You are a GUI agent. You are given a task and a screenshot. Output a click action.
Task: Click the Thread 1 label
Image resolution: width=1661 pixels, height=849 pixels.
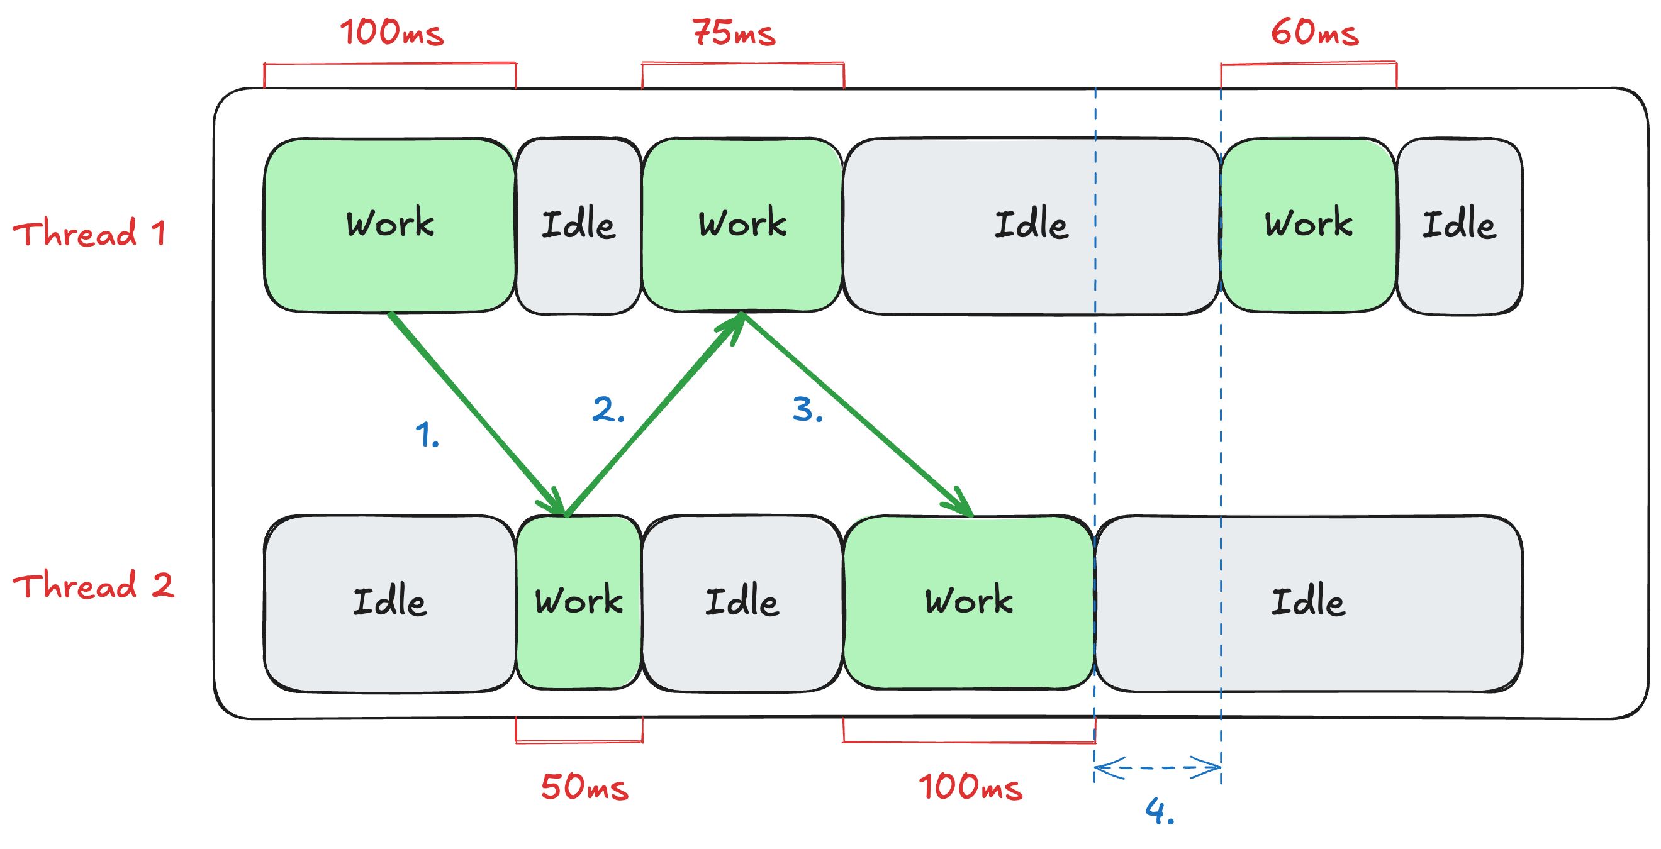click(x=89, y=233)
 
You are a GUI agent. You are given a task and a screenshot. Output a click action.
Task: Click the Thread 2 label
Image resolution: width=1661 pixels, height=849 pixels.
click(x=94, y=585)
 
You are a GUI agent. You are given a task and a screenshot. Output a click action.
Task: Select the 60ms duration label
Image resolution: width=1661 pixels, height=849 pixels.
click(x=1314, y=32)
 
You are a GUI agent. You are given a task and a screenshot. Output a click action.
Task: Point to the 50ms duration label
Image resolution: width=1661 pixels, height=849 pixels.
click(x=584, y=787)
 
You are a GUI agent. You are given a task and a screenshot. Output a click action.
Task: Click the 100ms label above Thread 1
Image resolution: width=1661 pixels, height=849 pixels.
click(x=391, y=32)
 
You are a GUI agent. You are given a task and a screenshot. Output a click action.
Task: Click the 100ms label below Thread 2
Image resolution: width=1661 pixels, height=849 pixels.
click(x=970, y=787)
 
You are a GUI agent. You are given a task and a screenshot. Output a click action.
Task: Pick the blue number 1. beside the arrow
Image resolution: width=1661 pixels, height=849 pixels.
click(x=427, y=435)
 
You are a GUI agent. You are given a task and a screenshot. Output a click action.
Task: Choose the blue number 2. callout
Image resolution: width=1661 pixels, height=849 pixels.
click(x=608, y=409)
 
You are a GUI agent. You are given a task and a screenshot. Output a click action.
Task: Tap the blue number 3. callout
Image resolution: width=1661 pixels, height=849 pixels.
click(x=807, y=409)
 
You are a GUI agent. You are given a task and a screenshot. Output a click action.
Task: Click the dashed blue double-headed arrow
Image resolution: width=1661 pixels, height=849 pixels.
click(x=1158, y=767)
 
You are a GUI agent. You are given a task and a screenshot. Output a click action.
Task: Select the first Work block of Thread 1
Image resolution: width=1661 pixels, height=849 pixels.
click(x=389, y=225)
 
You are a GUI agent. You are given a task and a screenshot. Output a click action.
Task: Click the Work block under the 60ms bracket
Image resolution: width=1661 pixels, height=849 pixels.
click(x=1308, y=225)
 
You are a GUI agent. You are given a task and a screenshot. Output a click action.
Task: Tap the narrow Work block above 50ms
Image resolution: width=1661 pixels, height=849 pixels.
click(x=578, y=601)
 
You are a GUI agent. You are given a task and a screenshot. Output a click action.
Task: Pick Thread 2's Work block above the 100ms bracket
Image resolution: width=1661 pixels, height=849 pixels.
click(x=968, y=601)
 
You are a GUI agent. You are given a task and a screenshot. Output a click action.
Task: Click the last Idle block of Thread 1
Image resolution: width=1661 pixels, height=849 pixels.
click(x=1459, y=225)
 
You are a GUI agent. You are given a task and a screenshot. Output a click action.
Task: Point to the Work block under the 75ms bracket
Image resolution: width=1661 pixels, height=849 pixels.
click(x=742, y=225)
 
